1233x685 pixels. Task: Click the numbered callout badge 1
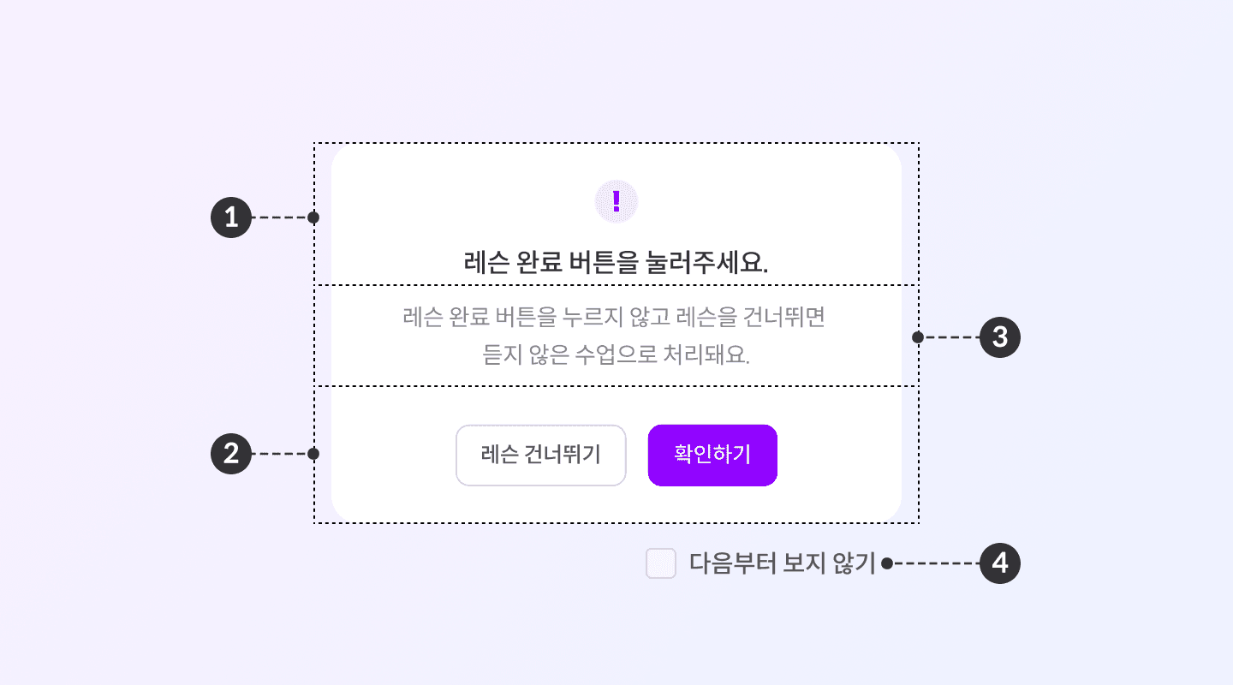[230, 217]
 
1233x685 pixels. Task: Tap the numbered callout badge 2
[230, 454]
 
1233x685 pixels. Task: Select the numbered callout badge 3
[1000, 337]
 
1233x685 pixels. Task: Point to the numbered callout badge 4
[1000, 563]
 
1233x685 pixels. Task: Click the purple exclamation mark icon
[616, 202]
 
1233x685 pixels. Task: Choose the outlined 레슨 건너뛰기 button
[541, 455]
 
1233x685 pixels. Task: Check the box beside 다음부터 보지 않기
[661, 563]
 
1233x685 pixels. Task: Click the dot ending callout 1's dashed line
[313, 217]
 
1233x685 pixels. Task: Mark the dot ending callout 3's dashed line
[918, 337]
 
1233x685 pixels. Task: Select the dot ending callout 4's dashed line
[887, 563]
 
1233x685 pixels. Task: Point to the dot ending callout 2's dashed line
[313, 454]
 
